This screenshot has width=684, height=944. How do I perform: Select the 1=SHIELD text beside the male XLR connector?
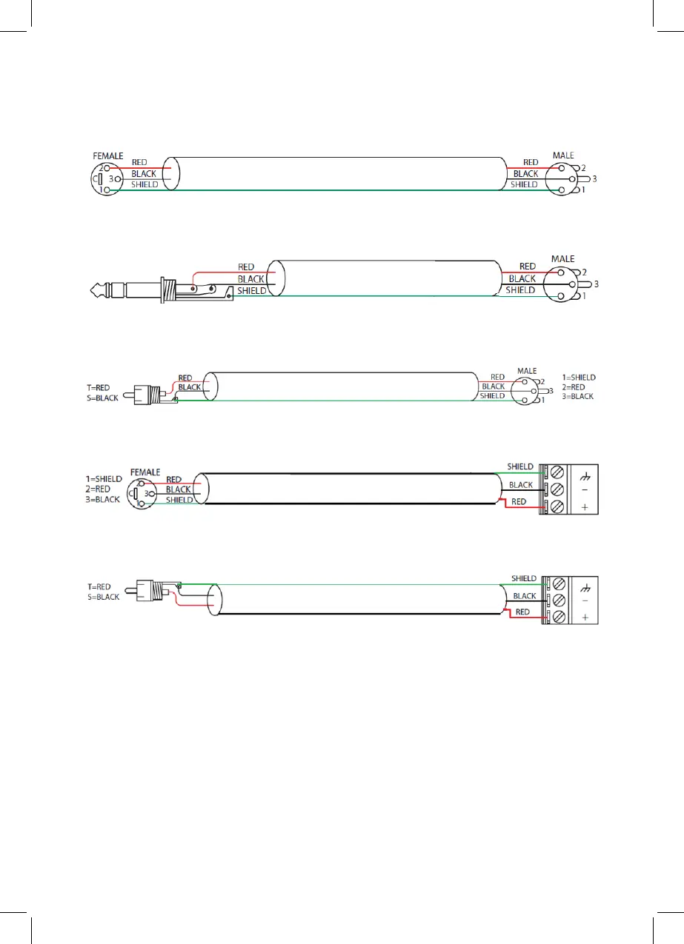(579, 378)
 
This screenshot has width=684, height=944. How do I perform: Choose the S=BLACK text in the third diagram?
(102, 398)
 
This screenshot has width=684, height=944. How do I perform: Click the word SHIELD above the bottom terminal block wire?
(524, 578)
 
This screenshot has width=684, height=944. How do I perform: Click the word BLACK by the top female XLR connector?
(144, 174)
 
